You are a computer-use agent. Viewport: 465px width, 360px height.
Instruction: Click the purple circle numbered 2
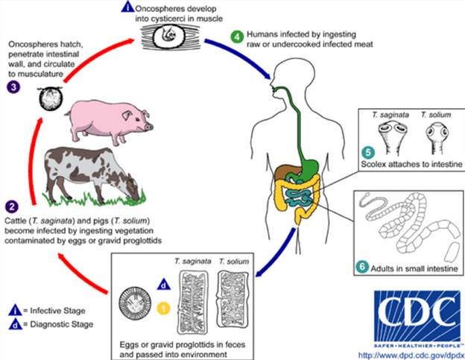click(x=13, y=204)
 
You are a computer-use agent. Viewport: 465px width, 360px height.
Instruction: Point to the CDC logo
click(x=411, y=313)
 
